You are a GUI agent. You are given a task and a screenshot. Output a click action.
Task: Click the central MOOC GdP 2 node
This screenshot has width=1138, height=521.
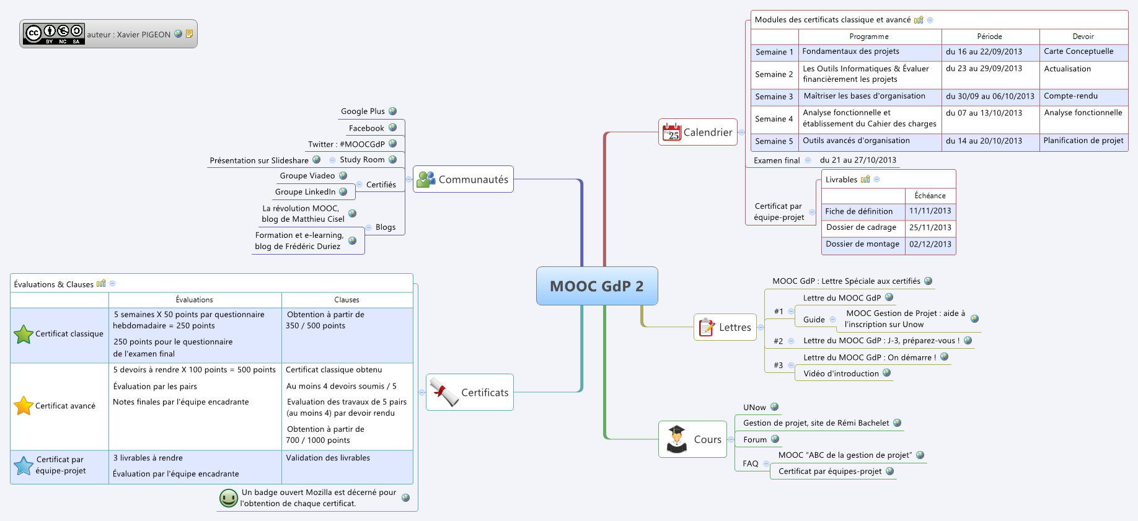click(x=596, y=286)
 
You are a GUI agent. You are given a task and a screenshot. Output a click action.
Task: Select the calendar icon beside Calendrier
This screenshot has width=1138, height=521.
click(x=671, y=132)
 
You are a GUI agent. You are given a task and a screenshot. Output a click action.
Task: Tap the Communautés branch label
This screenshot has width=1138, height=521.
click(x=473, y=180)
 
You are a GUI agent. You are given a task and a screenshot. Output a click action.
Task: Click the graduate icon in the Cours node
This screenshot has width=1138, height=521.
click(x=676, y=439)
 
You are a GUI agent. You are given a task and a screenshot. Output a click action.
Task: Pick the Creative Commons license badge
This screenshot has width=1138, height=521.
click(x=53, y=33)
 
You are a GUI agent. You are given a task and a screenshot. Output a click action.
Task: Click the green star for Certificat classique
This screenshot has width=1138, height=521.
click(x=24, y=335)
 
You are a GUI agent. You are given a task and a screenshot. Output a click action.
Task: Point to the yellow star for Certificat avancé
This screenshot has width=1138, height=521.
click(x=24, y=406)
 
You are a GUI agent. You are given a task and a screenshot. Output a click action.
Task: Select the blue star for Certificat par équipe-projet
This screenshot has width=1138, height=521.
click(x=24, y=465)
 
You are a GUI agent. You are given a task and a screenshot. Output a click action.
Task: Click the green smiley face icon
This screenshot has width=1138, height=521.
click(x=229, y=497)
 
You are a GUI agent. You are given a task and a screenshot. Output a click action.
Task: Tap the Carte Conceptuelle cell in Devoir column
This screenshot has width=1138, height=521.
click(x=1078, y=51)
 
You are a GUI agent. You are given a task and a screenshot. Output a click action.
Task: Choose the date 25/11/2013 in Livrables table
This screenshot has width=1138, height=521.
click(x=930, y=227)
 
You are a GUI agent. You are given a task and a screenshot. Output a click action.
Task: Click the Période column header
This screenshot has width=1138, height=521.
click(x=989, y=37)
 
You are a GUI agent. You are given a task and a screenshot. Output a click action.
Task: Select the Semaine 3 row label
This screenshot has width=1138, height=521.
click(x=774, y=97)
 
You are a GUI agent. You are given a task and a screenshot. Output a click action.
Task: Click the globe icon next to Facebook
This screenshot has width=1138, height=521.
click(x=392, y=128)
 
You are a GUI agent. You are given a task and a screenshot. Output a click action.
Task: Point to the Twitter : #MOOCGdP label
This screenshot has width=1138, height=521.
click(x=346, y=144)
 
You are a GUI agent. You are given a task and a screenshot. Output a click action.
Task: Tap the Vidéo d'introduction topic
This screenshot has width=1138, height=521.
click(x=840, y=374)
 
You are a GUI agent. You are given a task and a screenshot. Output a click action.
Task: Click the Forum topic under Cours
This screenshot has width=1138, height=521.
click(x=754, y=440)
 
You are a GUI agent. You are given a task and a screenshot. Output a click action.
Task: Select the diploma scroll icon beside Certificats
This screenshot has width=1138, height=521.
click(x=444, y=392)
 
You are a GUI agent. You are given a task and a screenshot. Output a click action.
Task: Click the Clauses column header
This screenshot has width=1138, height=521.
click(x=346, y=300)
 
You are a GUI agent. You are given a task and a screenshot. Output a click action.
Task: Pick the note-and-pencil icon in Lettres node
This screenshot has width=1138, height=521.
click(x=707, y=326)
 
